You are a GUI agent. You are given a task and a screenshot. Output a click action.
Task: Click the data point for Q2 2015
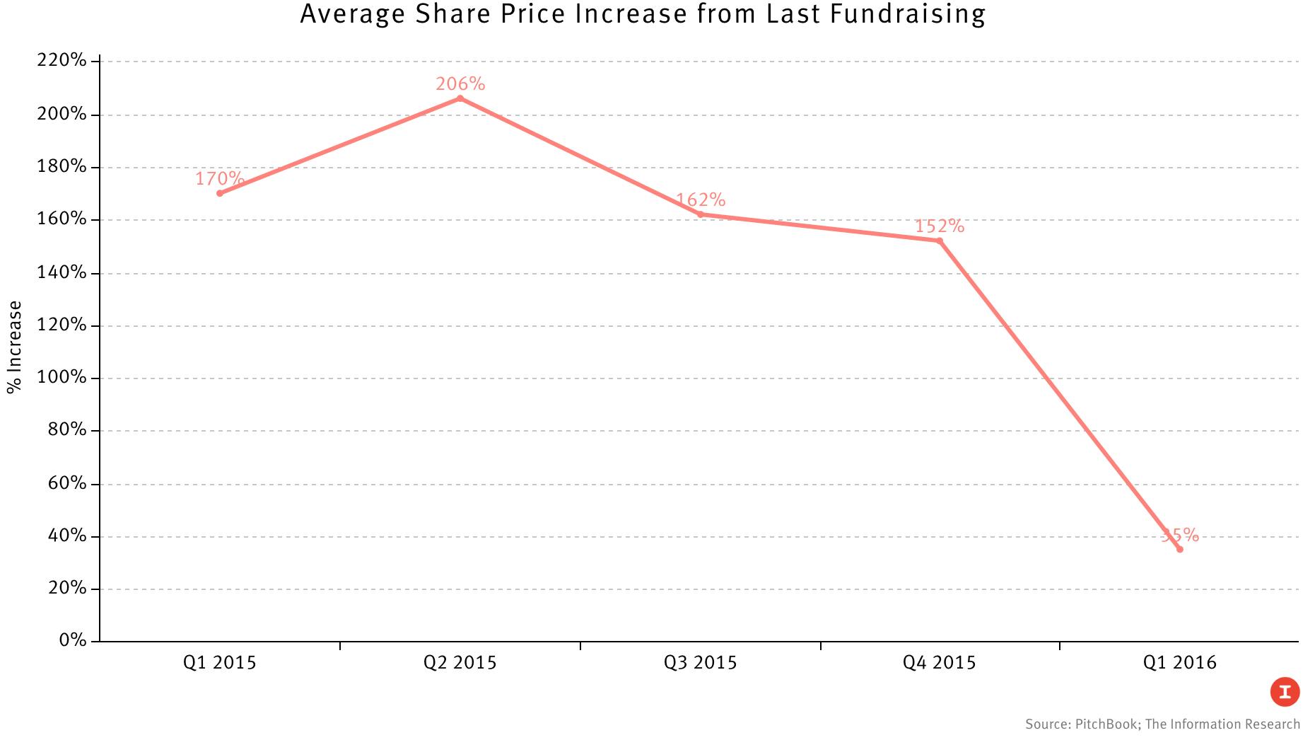click(460, 98)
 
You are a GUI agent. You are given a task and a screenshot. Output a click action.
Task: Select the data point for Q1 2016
click(1179, 549)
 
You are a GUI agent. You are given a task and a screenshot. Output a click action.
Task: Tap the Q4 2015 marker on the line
click(940, 241)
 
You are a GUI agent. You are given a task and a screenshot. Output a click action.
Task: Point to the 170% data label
click(219, 178)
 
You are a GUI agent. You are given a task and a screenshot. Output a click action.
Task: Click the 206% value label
click(460, 84)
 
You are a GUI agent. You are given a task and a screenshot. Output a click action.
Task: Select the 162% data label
click(700, 200)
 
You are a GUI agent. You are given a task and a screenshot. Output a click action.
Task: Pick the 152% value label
click(940, 226)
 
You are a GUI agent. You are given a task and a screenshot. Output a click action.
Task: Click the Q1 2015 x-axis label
click(219, 663)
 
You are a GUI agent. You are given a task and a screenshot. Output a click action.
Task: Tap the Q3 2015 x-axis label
click(700, 663)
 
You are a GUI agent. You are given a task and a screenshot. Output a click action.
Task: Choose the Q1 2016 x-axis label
click(1179, 663)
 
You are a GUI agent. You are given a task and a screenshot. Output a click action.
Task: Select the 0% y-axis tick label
click(73, 640)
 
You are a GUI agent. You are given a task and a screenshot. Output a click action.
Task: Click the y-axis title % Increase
click(14, 347)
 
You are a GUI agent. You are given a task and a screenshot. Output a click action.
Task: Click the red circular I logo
click(1285, 692)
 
